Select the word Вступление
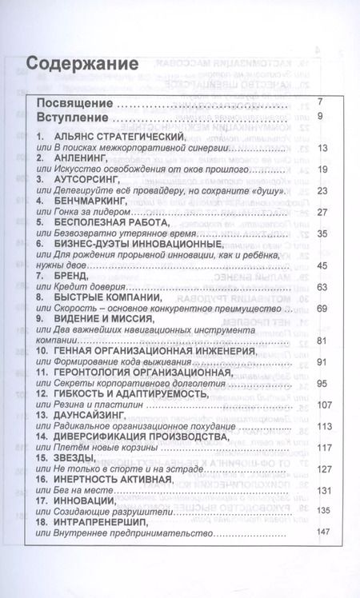pyautogui.click(x=74, y=118)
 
